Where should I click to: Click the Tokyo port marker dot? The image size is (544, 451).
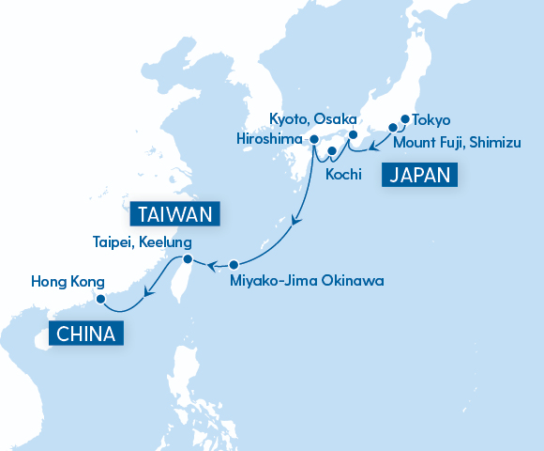(405, 119)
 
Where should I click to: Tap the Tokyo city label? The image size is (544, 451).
(431, 120)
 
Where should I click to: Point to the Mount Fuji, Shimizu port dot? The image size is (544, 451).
(393, 127)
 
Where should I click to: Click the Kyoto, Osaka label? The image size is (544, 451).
(312, 119)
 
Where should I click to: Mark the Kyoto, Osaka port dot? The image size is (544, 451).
(353, 134)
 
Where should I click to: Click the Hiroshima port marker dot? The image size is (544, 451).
(313, 139)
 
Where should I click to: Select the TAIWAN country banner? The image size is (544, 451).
(176, 213)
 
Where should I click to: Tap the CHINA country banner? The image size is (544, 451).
(85, 334)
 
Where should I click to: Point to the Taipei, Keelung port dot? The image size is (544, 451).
(188, 259)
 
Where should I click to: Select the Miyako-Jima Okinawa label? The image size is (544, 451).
(307, 280)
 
